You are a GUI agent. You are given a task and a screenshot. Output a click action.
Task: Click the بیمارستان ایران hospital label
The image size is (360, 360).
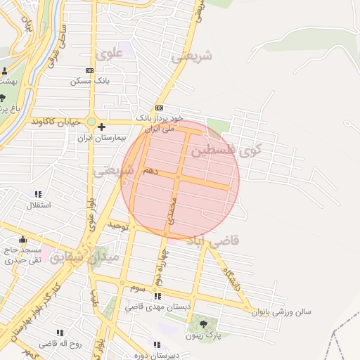tap(103, 138)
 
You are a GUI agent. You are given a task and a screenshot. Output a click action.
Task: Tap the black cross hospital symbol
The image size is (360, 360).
tap(102, 127)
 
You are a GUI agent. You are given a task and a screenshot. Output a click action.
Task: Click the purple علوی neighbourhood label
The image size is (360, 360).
tap(111, 53)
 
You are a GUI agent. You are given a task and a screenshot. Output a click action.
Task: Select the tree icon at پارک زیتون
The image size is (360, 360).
tap(203, 324)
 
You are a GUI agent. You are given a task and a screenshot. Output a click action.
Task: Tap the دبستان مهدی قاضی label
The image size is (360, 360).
tap(158, 307)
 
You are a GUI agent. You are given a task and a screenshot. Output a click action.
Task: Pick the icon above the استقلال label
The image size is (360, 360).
tap(38, 194)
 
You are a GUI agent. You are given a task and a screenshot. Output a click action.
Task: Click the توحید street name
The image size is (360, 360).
tap(119, 226)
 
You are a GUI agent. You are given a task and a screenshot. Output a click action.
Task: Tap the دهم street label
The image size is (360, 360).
tap(150, 170)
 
